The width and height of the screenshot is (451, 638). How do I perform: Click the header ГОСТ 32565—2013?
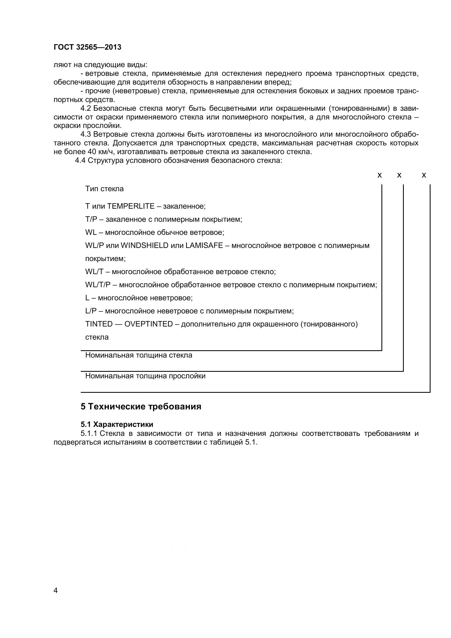pos(88,47)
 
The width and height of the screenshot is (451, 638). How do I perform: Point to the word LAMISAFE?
pos(204,245)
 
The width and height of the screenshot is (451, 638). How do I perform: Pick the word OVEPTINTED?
pos(149,324)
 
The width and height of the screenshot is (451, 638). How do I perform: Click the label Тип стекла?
pos(104,189)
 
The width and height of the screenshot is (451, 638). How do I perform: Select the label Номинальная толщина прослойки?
pos(145,376)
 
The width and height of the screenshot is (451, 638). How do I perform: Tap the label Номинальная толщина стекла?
pos(139,355)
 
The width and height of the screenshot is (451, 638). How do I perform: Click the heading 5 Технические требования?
pos(141,406)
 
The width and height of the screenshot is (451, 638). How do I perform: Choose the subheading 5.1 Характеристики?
pos(117,424)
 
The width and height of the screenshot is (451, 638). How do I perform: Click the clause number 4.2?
pos(86,108)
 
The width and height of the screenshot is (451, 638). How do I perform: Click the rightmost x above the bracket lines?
pos(424,175)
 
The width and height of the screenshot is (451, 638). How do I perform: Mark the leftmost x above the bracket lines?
pos(380,175)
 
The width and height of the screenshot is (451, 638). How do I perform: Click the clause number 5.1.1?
pos(90,433)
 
